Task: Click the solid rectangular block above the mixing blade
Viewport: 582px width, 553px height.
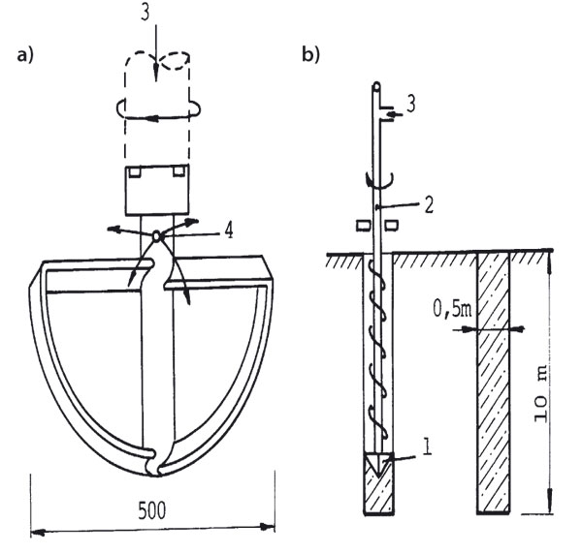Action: tap(156, 190)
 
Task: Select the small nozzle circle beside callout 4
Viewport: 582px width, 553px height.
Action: tap(158, 233)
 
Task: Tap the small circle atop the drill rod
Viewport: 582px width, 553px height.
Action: tap(375, 86)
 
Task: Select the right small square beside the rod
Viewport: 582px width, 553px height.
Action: tap(392, 226)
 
